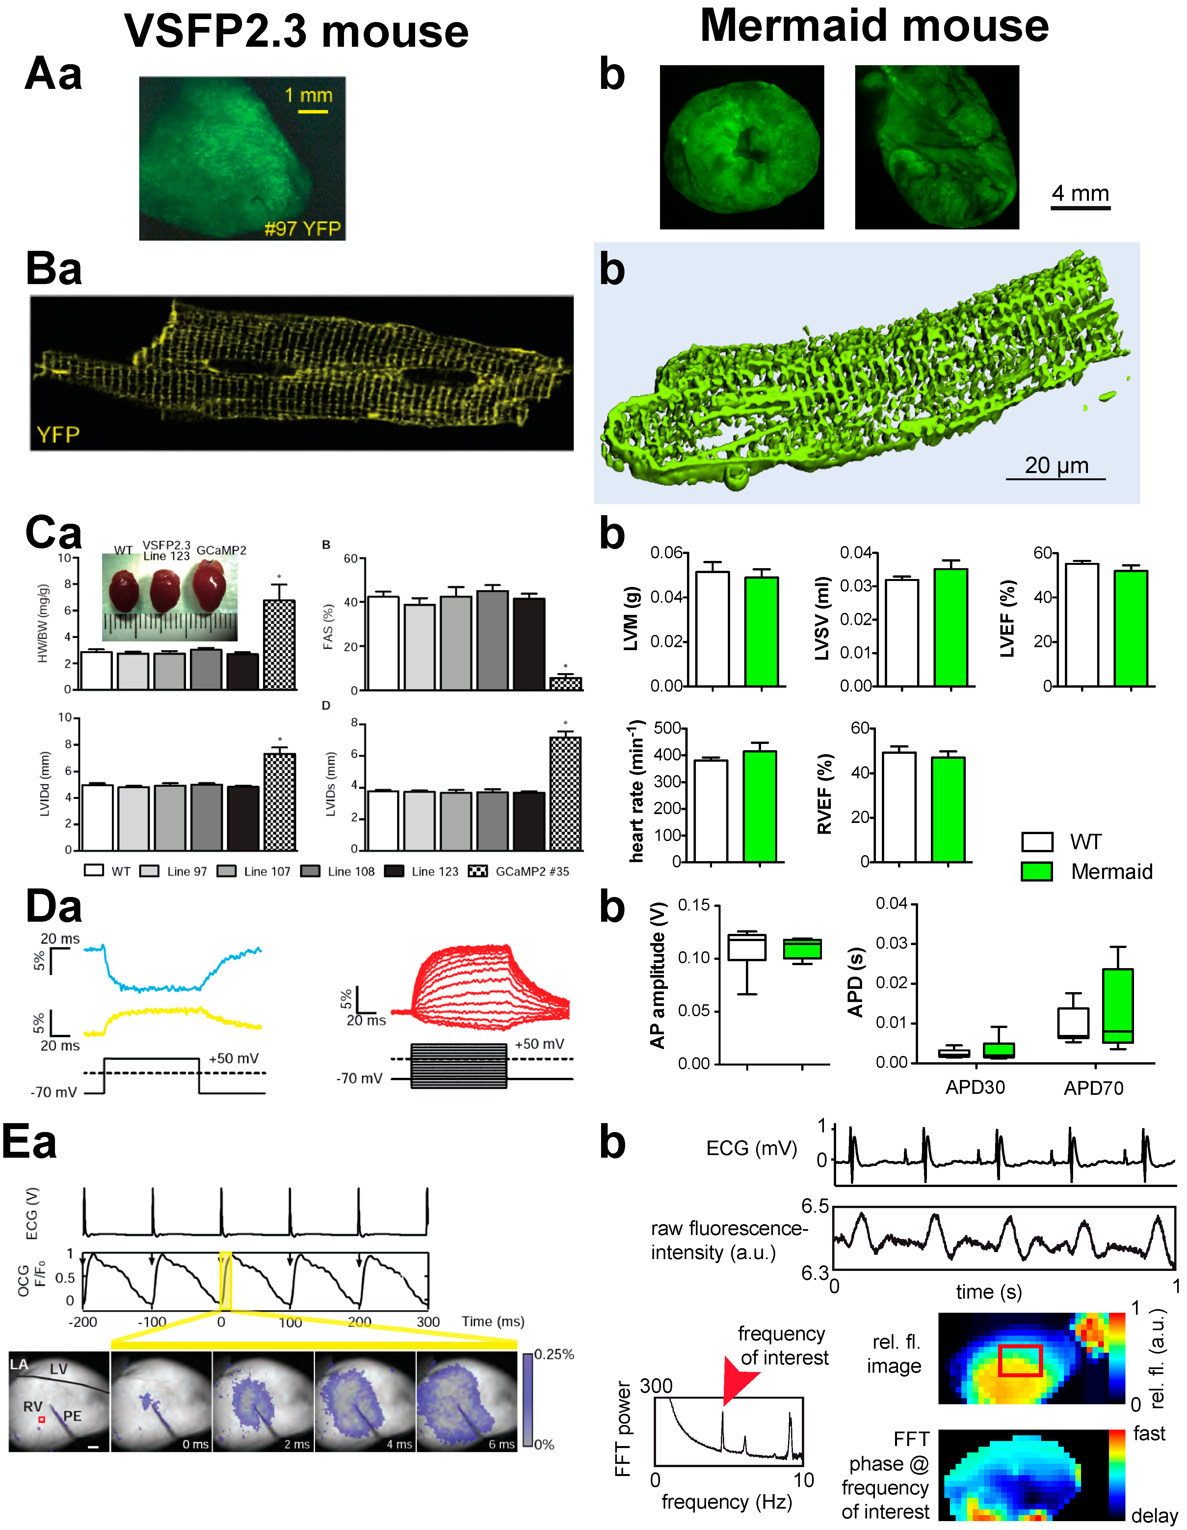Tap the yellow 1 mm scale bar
point(312,111)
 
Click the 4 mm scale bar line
point(1080,207)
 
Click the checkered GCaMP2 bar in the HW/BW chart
point(279,645)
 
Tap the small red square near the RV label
point(42,1419)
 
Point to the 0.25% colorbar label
point(554,1354)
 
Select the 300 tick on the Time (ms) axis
point(428,1322)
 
